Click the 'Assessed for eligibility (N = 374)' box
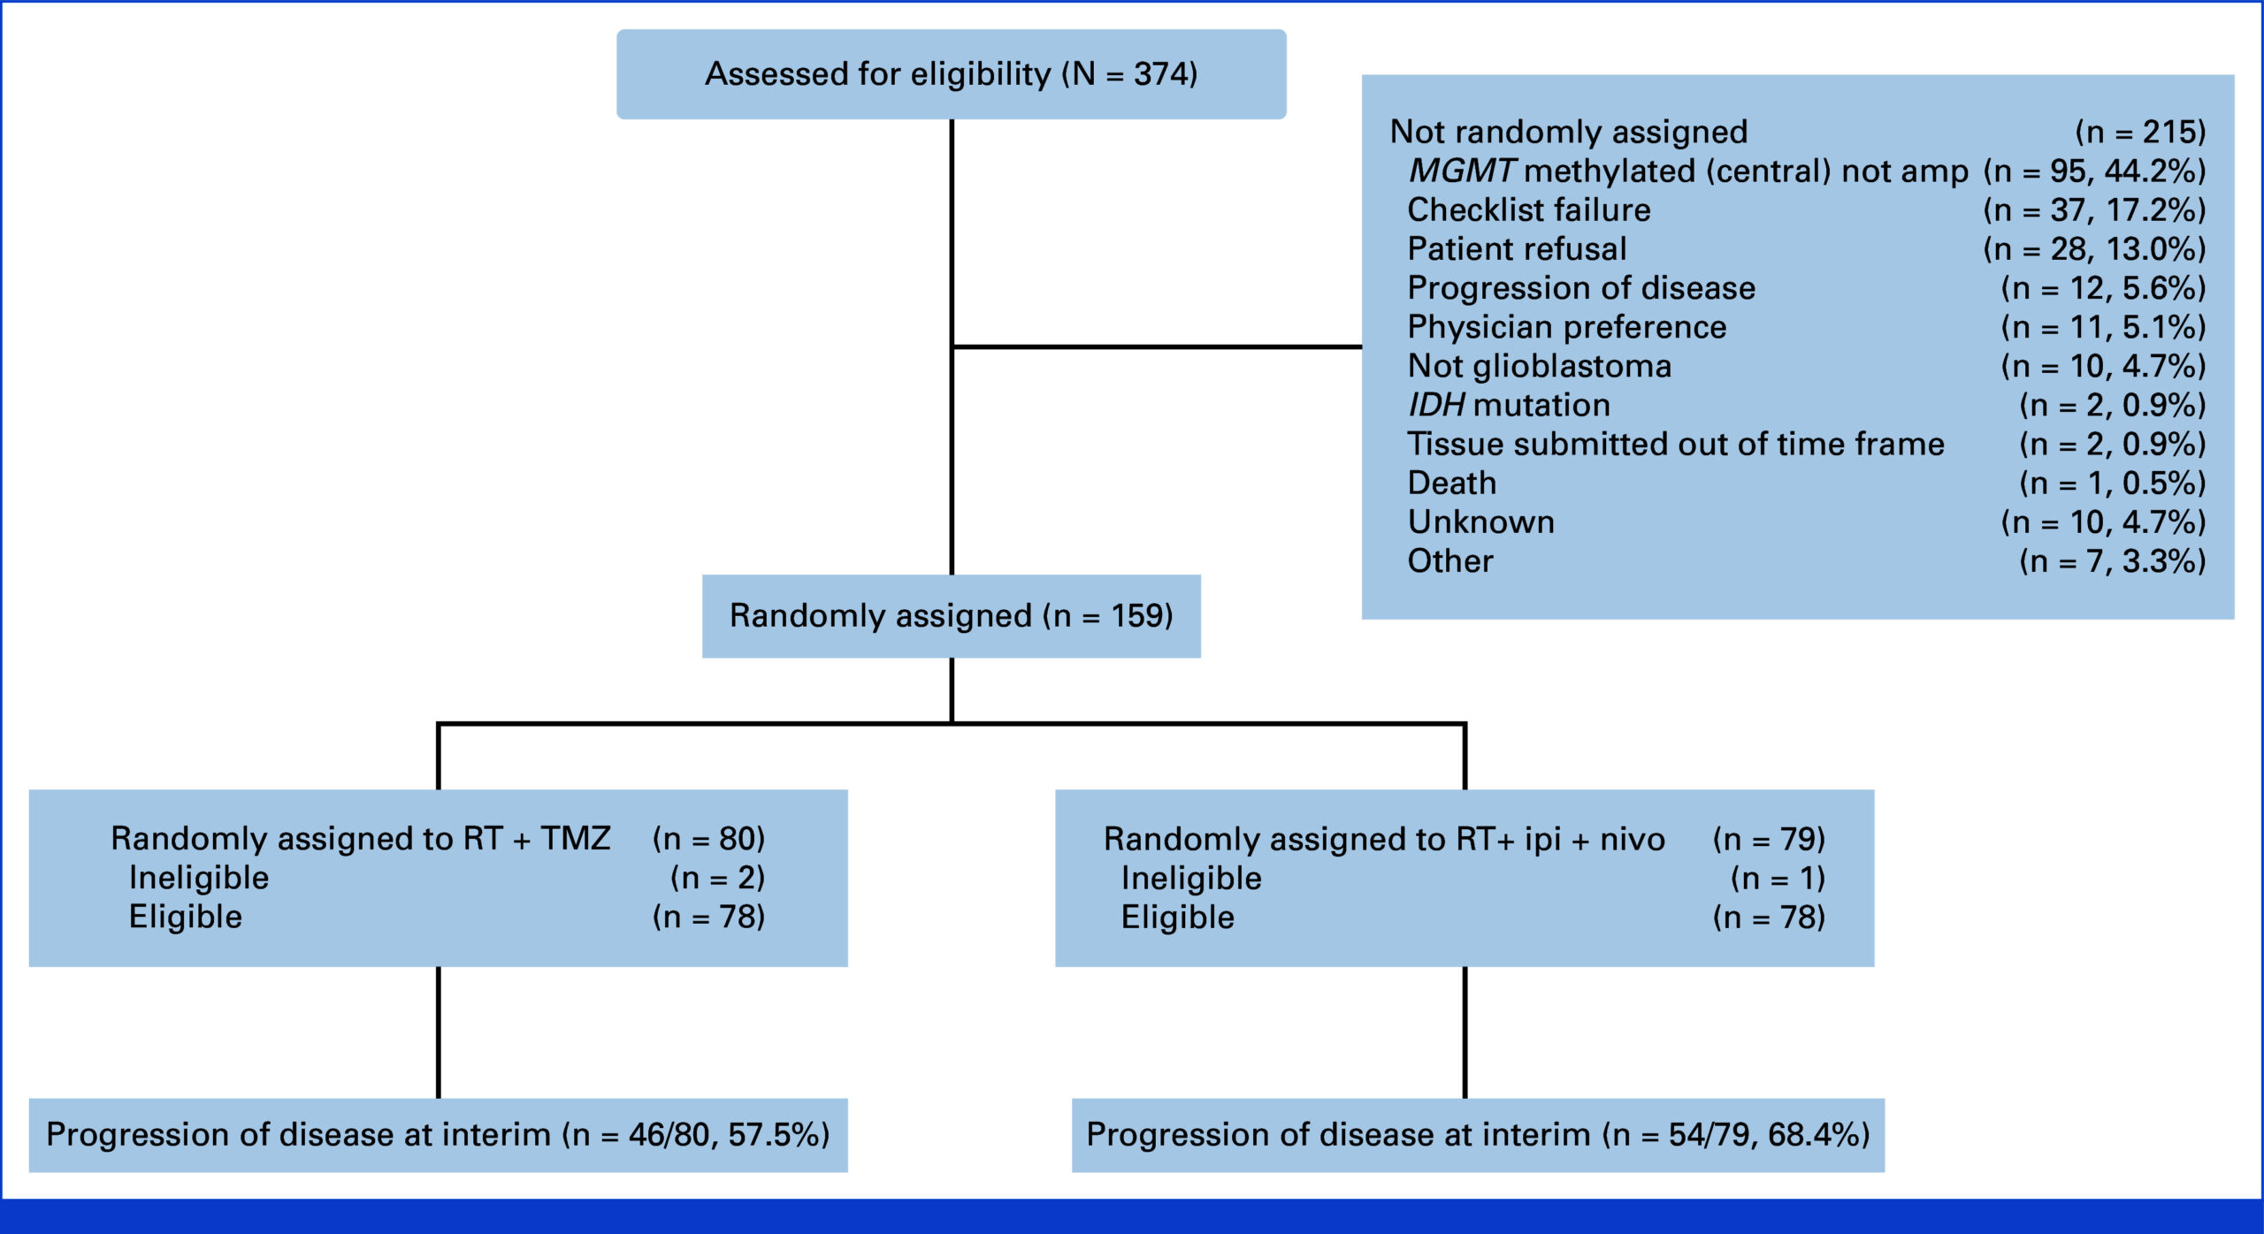coord(952,74)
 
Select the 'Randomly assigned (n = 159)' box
coord(952,616)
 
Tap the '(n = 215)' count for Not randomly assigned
coord(2140,133)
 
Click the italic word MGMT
coord(1463,171)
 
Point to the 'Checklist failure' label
coord(1529,210)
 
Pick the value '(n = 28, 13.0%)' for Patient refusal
coord(2094,249)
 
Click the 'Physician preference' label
coord(1567,327)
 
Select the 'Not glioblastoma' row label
coord(1540,366)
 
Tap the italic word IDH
coord(1437,405)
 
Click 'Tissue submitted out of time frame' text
coord(1676,444)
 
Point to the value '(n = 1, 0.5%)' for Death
coord(2113,484)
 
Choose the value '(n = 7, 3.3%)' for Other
coord(2113,561)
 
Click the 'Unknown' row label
coord(1481,522)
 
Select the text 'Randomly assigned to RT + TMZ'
coord(361,839)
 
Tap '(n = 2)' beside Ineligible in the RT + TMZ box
coord(717,878)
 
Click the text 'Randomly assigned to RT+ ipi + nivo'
coord(1384,839)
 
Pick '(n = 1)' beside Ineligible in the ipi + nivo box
coord(1778,878)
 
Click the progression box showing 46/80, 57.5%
coord(438,1135)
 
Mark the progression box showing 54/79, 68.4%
coord(1478,1135)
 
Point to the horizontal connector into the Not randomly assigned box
coord(1157,347)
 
